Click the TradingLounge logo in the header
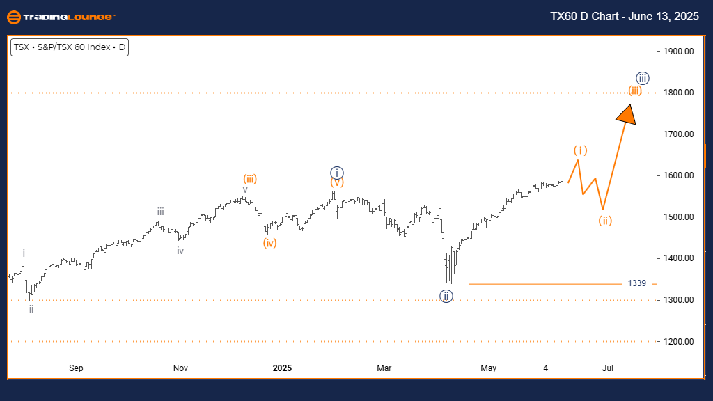tap(61, 17)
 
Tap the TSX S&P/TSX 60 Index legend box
tap(70, 48)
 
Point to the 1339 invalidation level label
tap(636, 283)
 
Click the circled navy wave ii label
tap(446, 296)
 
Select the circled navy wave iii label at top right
tap(643, 77)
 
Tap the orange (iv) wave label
tap(270, 243)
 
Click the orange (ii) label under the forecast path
tap(605, 221)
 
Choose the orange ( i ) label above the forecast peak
tap(581, 150)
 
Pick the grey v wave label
tap(245, 189)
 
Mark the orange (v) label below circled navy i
tap(336, 183)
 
